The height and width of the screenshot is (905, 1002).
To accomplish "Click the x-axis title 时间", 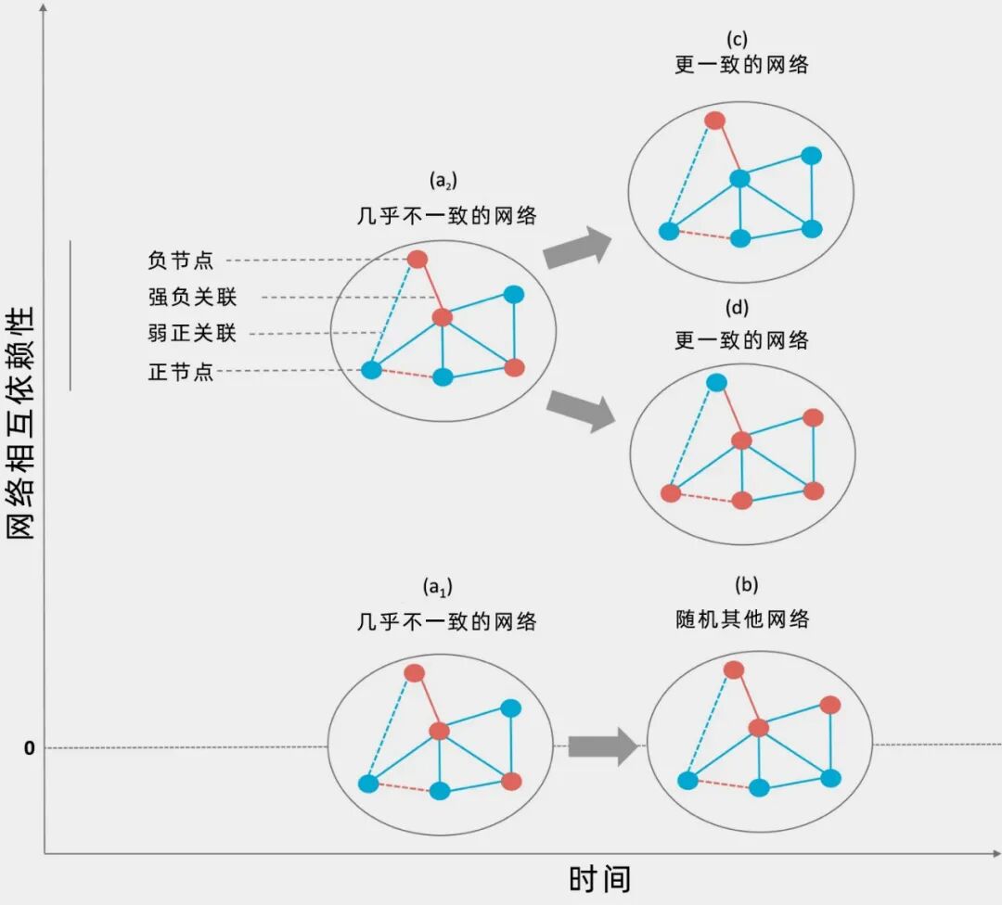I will [x=599, y=878].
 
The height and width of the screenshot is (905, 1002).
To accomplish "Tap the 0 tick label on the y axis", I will [x=30, y=747].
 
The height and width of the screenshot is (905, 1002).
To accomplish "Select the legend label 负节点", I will [x=181, y=261].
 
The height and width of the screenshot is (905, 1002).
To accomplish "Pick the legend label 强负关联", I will [x=192, y=298].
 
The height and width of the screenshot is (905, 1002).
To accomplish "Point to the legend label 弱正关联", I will [x=192, y=334].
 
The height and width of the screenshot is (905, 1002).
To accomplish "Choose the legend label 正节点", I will [x=181, y=372].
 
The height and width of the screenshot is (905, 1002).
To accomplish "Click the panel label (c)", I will [x=739, y=39].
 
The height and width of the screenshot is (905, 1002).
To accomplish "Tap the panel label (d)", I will [x=739, y=308].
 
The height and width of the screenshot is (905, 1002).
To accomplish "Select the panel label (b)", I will [x=747, y=585].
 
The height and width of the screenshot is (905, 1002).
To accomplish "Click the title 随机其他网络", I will [x=742, y=618].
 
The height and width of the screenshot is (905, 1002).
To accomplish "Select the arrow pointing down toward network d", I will [x=582, y=409].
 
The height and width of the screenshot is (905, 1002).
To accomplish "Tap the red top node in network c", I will [x=714, y=120].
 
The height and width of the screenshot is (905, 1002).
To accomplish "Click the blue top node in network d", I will [x=716, y=382].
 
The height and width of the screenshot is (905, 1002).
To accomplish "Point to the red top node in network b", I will [x=734, y=669].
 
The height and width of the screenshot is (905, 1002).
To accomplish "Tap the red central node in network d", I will [x=740, y=440].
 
